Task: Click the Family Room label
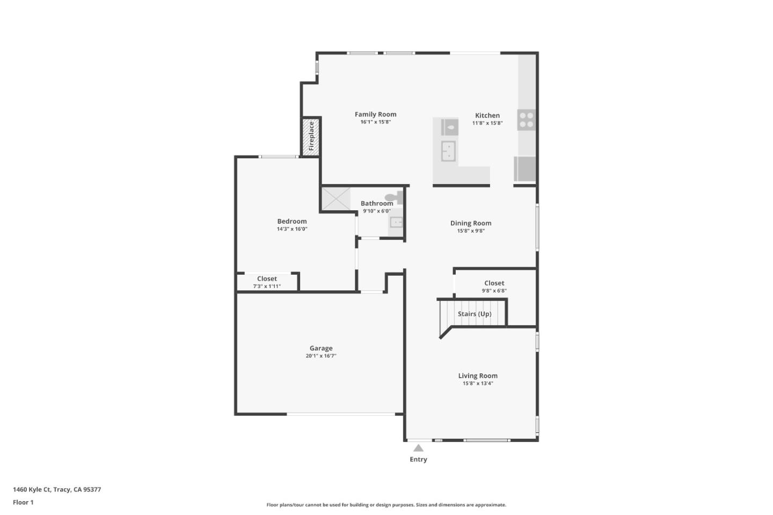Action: coord(375,114)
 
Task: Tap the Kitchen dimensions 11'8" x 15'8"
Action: coord(487,123)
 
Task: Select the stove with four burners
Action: coord(526,120)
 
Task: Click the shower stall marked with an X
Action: coord(336,198)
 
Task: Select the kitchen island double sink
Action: coord(448,151)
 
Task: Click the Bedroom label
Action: coord(291,221)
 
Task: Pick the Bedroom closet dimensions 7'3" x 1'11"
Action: coord(267,286)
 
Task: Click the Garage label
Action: coord(320,348)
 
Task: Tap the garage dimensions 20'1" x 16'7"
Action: coord(320,356)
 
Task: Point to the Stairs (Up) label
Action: coord(474,314)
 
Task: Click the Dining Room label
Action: coord(470,223)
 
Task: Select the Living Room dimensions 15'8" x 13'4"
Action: coord(477,384)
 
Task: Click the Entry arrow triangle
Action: coord(418,448)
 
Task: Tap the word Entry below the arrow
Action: coord(418,459)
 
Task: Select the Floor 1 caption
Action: coord(23,502)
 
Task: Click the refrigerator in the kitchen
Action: coord(525,169)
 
